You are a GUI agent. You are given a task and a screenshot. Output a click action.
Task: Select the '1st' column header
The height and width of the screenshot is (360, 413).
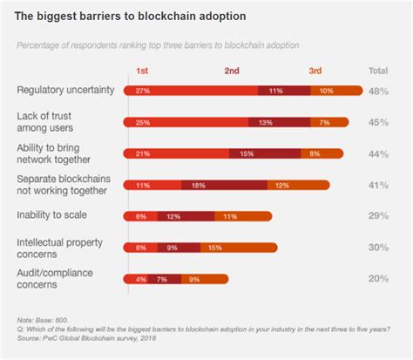tap(141, 71)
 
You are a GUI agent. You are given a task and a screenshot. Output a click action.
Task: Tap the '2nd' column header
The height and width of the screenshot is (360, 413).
tap(232, 71)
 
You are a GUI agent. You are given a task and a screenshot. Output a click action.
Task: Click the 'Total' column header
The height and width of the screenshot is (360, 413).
tap(378, 71)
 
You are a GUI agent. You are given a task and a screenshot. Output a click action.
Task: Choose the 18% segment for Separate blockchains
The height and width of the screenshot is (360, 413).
tap(225, 184)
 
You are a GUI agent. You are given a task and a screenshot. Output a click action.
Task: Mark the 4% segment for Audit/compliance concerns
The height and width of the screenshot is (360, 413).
tap(141, 279)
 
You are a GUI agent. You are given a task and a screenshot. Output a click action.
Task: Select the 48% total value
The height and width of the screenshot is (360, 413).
tap(378, 90)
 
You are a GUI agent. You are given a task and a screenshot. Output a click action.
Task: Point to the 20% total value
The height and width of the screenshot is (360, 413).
tap(378, 279)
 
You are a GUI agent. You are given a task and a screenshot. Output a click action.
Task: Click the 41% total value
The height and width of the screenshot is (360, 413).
tap(378, 184)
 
